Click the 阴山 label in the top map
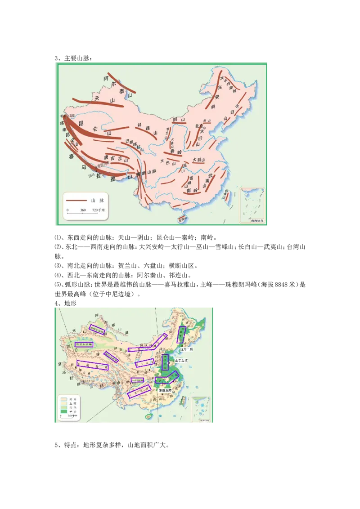(179, 120)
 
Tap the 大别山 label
(198, 160)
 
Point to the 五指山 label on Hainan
(182, 220)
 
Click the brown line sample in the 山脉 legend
(76, 200)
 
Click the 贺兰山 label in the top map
(167, 134)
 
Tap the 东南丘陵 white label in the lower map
(165, 391)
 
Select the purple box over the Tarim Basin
(83, 344)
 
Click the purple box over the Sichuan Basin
(137, 380)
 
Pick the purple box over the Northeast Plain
(181, 335)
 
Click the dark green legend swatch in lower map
(63, 411)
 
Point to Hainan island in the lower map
(147, 417)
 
